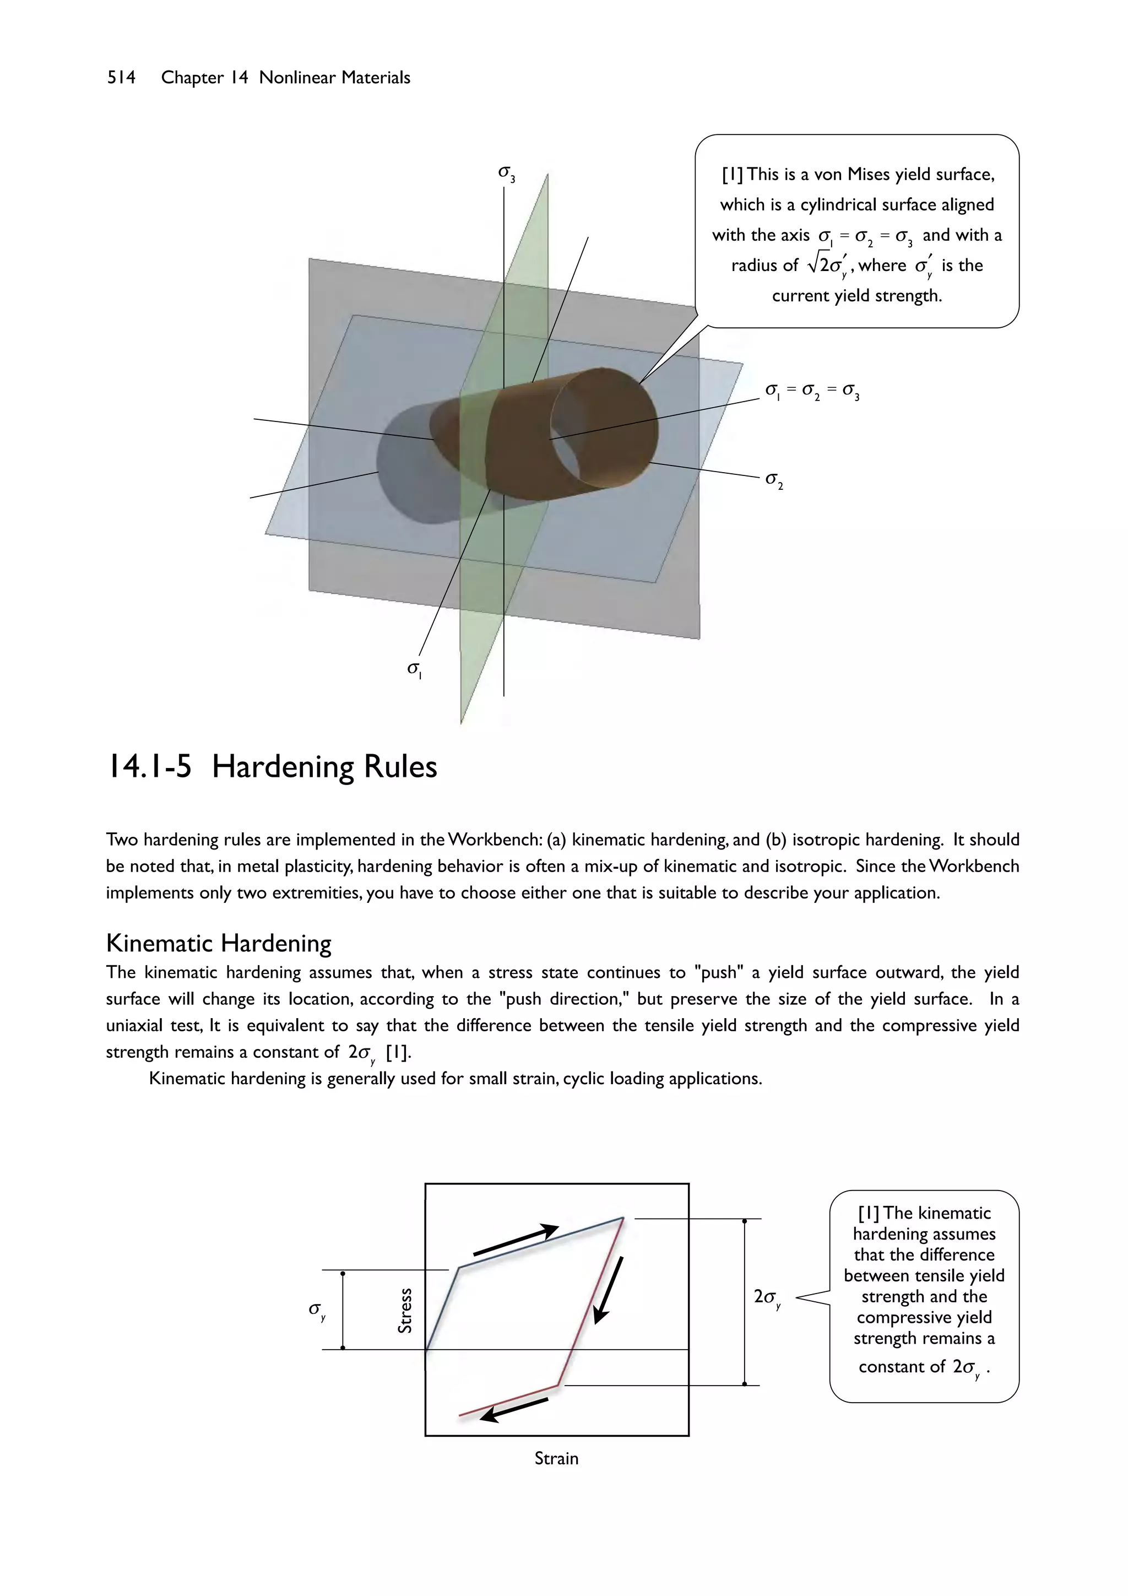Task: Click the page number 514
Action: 121,78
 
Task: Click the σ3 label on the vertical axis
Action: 507,173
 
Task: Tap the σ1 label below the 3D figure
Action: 415,669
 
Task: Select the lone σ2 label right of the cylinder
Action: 773,480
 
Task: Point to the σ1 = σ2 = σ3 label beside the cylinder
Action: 812,392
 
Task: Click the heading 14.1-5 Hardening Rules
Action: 272,767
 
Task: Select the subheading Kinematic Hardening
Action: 218,943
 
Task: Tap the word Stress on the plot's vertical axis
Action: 404,1310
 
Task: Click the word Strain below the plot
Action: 556,1458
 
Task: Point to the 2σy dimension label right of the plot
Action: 767,1298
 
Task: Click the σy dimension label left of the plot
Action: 317,1310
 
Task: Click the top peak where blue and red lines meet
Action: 622,1218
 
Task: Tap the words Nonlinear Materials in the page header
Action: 334,78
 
